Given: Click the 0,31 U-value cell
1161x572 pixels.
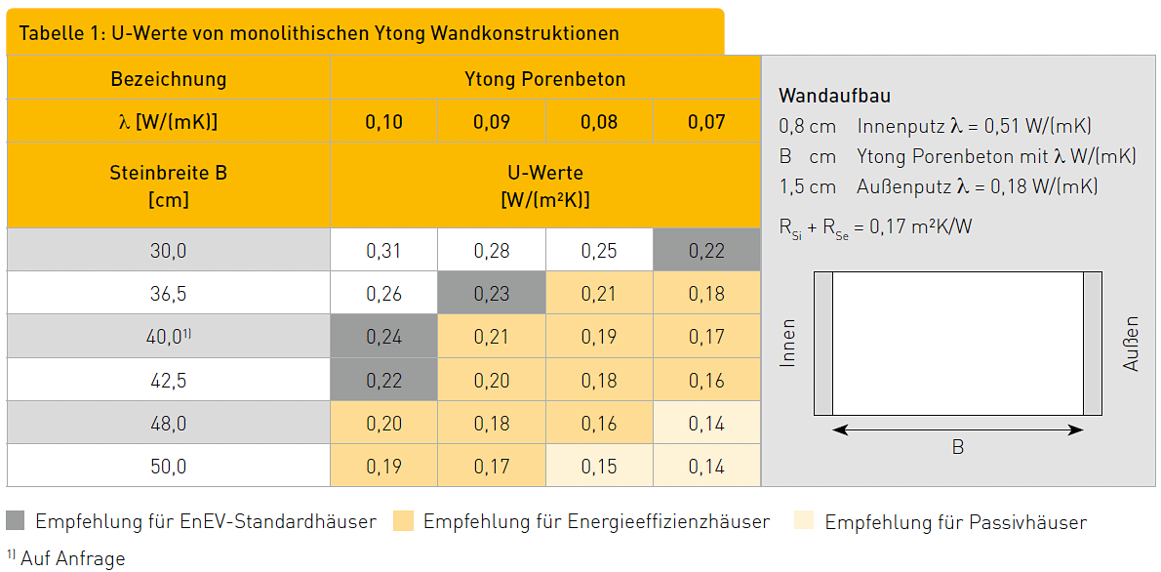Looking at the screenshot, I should (383, 251).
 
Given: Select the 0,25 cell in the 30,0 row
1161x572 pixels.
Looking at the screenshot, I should (599, 251).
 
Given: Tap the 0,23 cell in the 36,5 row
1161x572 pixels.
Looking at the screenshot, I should (492, 294).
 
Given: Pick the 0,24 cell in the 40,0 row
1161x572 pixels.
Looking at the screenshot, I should (383, 337).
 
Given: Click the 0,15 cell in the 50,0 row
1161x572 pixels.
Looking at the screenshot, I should (599, 467).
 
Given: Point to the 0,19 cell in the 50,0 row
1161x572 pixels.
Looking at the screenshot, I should (383, 467).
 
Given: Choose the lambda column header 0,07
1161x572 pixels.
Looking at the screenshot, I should (706, 123).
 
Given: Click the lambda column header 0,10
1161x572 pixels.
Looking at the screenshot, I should (383, 123).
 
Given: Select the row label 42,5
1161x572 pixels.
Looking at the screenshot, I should (168, 381).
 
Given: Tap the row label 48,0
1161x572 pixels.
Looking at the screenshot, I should (168, 424).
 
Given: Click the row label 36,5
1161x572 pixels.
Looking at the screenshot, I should (168, 294).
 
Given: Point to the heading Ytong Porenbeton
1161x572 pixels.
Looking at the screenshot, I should (545, 79).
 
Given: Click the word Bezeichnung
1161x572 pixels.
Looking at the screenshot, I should (168, 79).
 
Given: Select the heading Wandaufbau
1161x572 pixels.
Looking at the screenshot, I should (834, 96).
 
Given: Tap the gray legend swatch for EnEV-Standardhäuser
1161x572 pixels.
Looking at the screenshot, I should (17, 521).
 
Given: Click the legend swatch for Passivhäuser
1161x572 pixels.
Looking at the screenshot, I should (806, 521).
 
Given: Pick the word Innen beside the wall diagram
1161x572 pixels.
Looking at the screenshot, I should (788, 344).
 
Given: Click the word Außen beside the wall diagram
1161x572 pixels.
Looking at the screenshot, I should (1131, 344).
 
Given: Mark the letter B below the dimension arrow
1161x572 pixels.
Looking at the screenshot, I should (958, 447).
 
